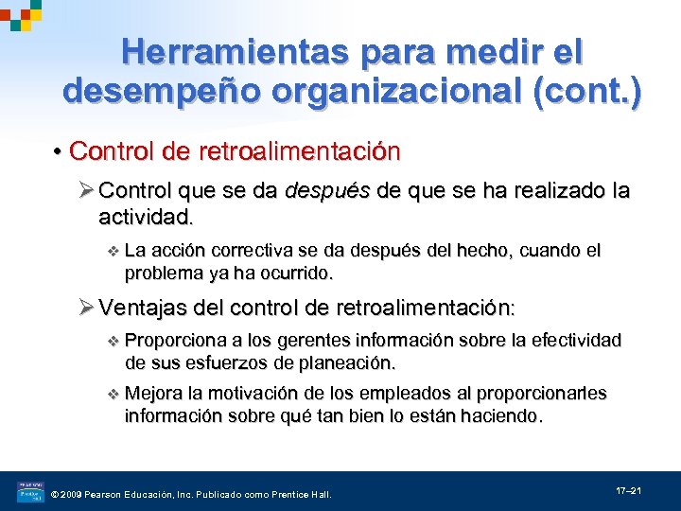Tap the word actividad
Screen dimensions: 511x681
point(144,218)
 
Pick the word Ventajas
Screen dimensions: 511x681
point(143,308)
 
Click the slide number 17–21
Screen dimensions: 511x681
point(629,491)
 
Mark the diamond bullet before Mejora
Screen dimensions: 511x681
point(113,394)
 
